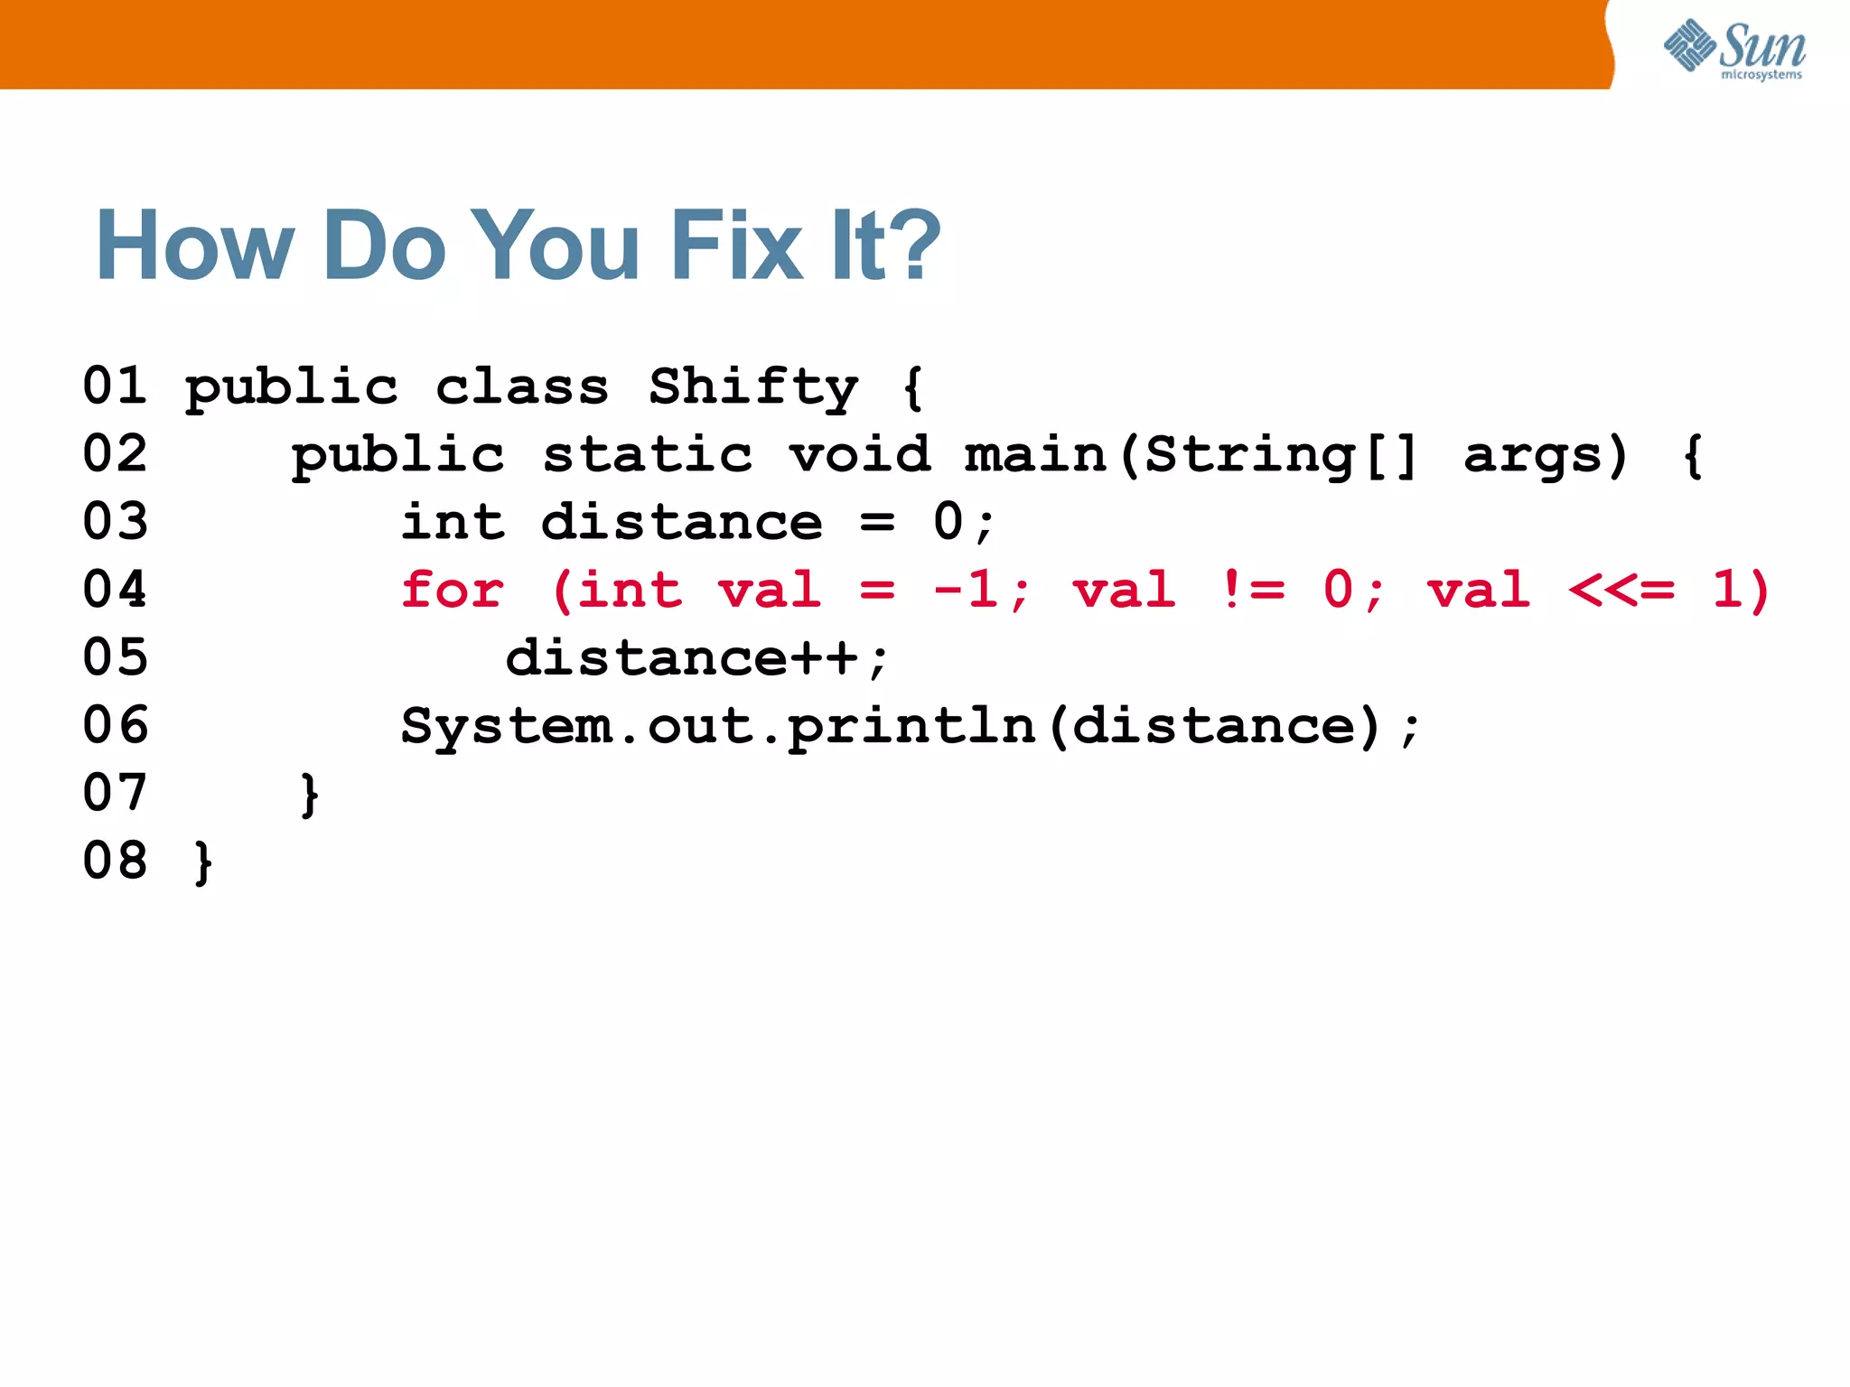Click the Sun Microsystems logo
[x=1733, y=50]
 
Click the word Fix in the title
[x=736, y=246]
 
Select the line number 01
[x=115, y=386]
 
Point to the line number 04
[x=115, y=590]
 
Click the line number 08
[x=115, y=861]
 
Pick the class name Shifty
[x=754, y=388]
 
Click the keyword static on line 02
[x=647, y=455]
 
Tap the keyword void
[x=860, y=455]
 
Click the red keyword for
[x=453, y=591]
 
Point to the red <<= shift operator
[x=1621, y=591]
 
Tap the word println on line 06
[x=911, y=727]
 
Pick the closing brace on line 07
[x=309, y=795]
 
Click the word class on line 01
[x=522, y=387]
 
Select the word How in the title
[x=195, y=246]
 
